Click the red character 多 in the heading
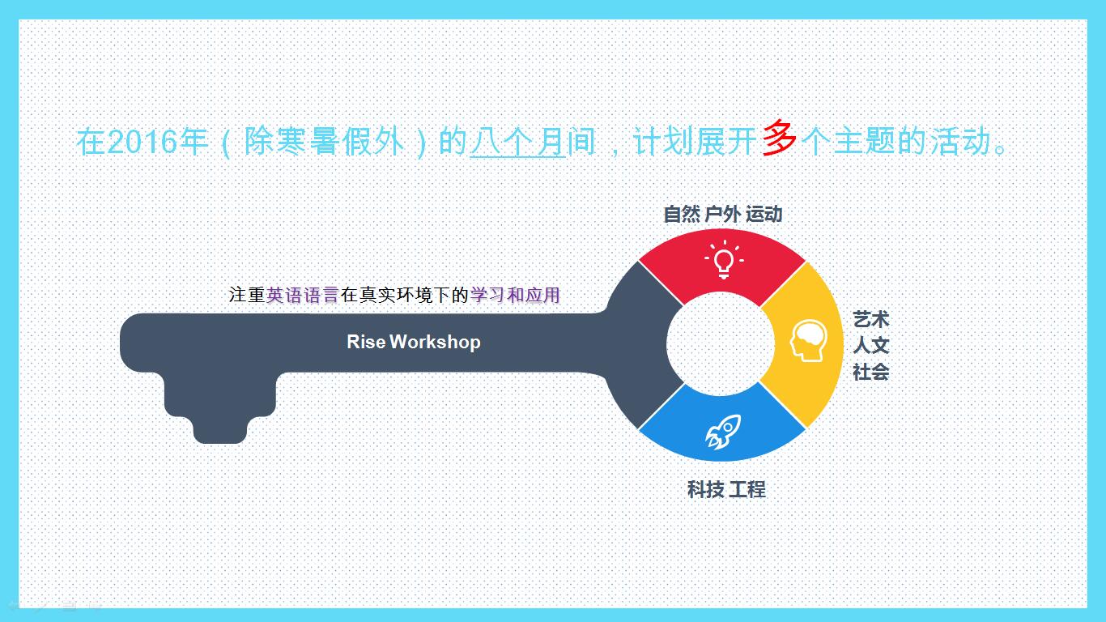click(x=779, y=138)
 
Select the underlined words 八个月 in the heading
click(x=517, y=142)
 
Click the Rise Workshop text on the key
click(x=414, y=342)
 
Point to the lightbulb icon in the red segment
click(x=724, y=260)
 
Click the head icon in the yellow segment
click(x=808, y=341)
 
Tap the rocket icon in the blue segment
click(x=723, y=432)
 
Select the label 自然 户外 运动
click(x=723, y=215)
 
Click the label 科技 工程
click(x=726, y=490)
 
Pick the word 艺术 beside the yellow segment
click(x=871, y=319)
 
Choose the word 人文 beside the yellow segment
click(x=871, y=345)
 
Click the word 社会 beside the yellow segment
click(x=871, y=372)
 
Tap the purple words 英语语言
click(x=303, y=295)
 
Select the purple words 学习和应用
click(x=515, y=295)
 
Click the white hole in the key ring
click(x=721, y=344)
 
